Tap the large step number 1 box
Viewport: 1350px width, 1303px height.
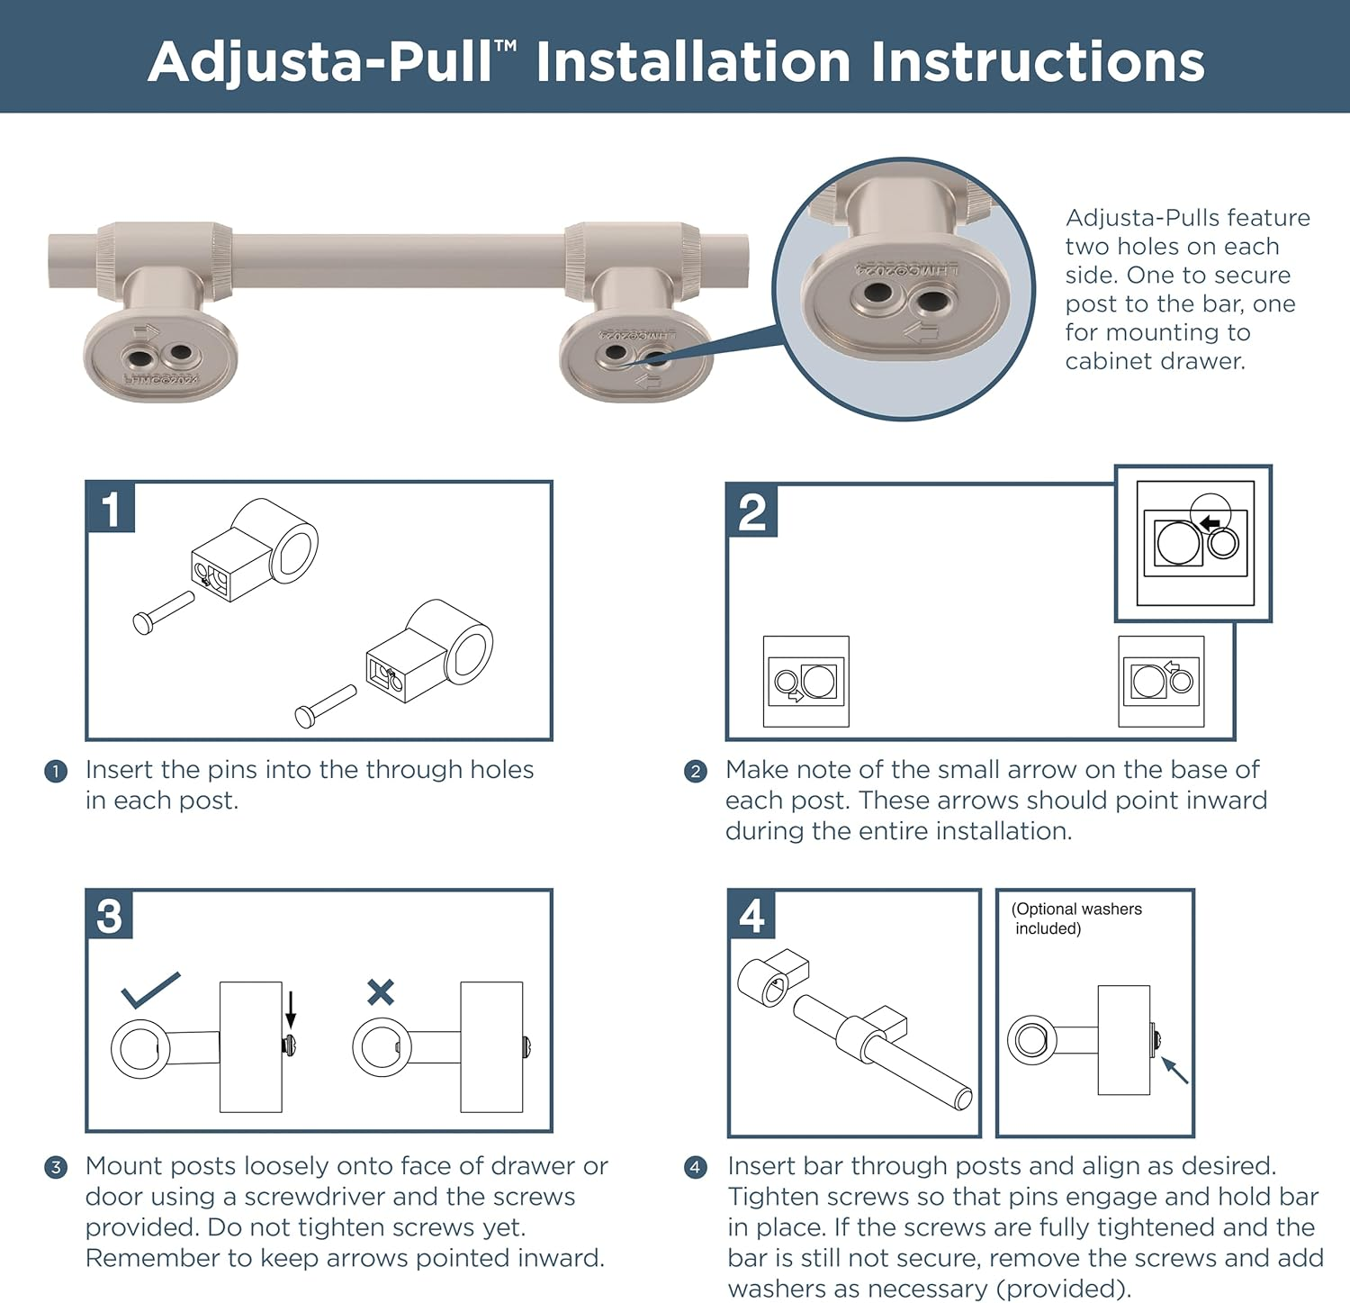click(x=111, y=508)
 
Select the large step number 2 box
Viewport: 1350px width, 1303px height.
click(x=751, y=511)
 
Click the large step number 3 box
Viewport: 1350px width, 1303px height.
click(x=110, y=916)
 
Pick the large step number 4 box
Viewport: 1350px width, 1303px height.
click(x=751, y=916)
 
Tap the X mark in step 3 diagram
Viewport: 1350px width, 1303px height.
click(x=381, y=992)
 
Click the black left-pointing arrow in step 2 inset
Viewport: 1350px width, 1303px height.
click(x=1210, y=522)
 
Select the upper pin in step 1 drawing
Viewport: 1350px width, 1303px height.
click(x=163, y=612)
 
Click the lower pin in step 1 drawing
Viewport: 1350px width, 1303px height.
click(x=325, y=706)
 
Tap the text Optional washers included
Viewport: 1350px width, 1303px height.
click(x=1075, y=918)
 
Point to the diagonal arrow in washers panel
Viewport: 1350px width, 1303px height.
click(x=1174, y=1070)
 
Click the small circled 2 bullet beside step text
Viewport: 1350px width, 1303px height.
click(x=696, y=771)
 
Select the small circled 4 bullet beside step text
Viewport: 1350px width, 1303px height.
click(x=696, y=1167)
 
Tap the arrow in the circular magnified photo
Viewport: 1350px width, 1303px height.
click(x=922, y=334)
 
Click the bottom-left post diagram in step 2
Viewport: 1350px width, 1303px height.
click(x=805, y=682)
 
